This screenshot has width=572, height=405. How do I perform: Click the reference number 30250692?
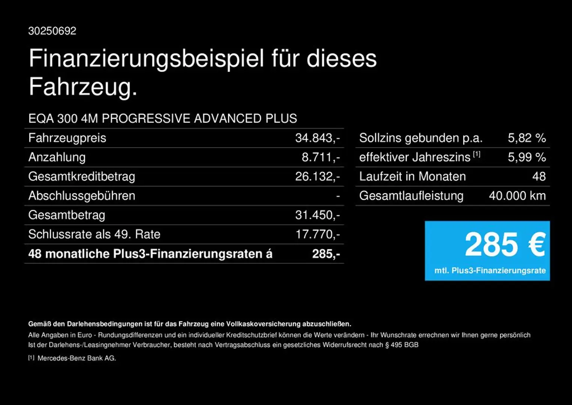click(52, 31)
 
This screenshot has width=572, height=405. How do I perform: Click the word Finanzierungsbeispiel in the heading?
click(146, 59)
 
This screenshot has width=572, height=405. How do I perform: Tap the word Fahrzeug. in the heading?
click(83, 87)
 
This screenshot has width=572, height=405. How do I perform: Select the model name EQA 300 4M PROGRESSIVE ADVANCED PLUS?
click(163, 118)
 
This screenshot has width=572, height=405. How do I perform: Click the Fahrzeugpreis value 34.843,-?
click(317, 138)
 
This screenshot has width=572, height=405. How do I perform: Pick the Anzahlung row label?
click(57, 157)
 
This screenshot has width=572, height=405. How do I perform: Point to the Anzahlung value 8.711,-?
click(321, 157)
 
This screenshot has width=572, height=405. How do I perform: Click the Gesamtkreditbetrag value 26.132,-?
click(317, 177)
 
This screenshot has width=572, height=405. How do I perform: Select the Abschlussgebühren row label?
click(82, 196)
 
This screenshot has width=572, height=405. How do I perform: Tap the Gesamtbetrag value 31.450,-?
click(317, 215)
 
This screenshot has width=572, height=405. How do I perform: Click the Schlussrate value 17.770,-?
click(318, 234)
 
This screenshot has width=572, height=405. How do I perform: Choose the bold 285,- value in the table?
click(326, 254)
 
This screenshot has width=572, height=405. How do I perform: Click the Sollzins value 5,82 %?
click(527, 138)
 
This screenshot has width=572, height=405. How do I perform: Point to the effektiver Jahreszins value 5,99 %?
click(527, 157)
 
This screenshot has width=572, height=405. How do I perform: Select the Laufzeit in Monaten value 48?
click(539, 177)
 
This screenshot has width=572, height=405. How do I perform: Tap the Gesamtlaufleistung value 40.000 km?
click(517, 196)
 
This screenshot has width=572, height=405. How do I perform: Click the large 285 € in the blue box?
click(505, 244)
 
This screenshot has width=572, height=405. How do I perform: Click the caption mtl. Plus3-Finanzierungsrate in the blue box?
click(490, 270)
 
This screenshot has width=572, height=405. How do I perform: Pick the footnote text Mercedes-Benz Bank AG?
click(77, 358)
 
